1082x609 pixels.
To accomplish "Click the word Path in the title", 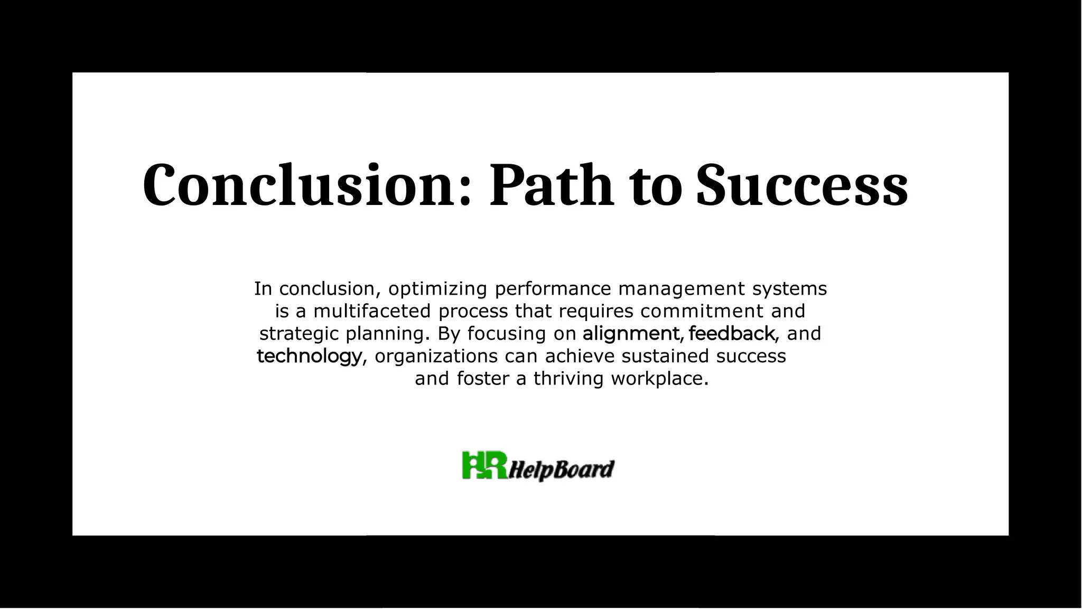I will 552,185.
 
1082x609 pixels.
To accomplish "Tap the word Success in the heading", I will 801,185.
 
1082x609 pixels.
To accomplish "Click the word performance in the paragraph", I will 553,289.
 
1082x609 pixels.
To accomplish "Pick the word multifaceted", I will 372,311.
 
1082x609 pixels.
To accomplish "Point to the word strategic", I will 299,334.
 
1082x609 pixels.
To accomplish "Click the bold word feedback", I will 732,334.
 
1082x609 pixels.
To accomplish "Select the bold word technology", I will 310,357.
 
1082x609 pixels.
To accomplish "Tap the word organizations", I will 436,357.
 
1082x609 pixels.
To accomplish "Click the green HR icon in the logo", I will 484,465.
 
